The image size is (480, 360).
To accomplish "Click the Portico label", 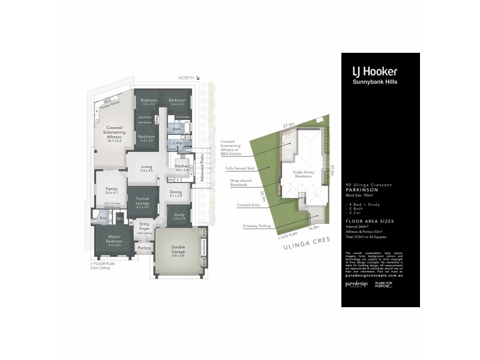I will pyautogui.click(x=144, y=247).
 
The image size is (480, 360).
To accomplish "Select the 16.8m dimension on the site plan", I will pyautogui.click(x=313, y=228).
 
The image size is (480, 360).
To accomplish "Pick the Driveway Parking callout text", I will pyautogui.click(x=257, y=226).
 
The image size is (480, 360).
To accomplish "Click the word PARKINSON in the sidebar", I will pyautogui.click(x=362, y=190).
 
